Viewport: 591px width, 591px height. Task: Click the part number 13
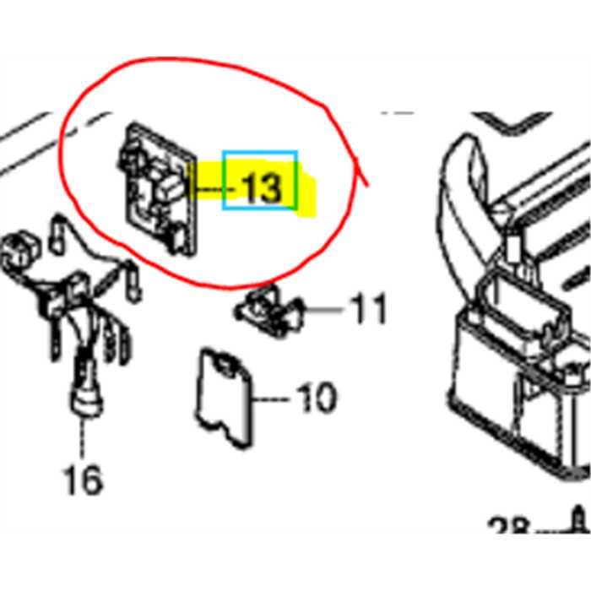tap(261, 189)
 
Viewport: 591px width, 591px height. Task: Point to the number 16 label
tap(83, 480)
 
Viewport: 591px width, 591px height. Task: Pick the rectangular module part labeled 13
tap(160, 187)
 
